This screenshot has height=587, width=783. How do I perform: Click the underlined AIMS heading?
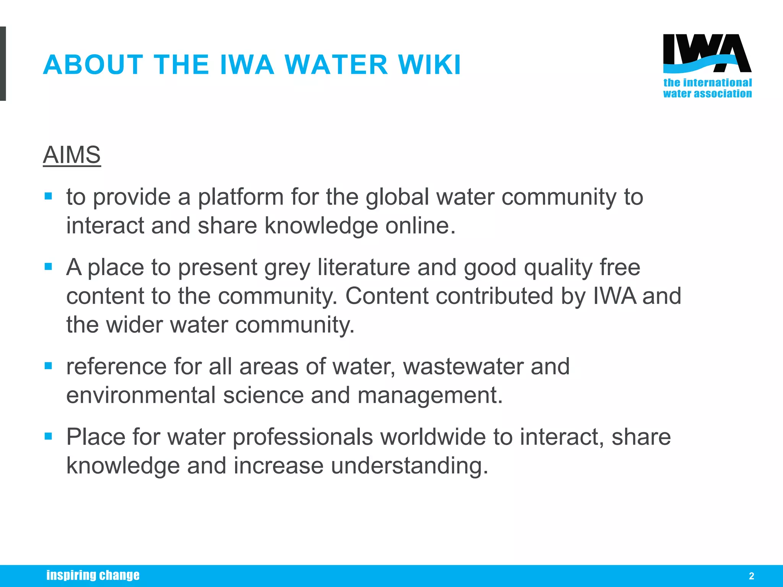(72, 155)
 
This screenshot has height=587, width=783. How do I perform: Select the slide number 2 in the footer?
(751, 576)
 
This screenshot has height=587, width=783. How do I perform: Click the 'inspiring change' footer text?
(93, 575)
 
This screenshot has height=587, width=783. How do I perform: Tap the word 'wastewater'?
(463, 366)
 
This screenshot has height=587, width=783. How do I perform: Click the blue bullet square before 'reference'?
(48, 366)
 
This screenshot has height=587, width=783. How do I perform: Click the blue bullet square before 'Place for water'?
(48, 436)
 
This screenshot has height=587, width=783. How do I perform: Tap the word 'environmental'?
(141, 395)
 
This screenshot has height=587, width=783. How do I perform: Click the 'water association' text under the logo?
(707, 94)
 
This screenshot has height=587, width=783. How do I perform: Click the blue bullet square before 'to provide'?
(48, 196)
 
